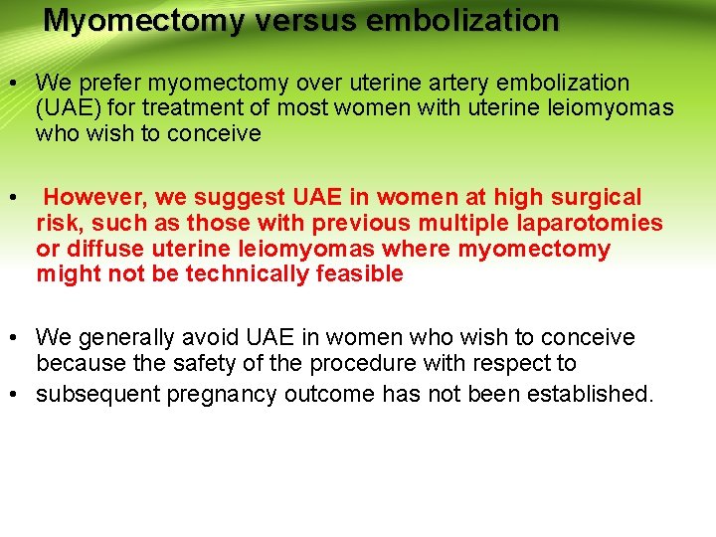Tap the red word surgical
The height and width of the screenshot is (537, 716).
(x=591, y=198)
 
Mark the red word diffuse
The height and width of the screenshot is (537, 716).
(x=97, y=249)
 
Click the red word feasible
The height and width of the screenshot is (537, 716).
(x=358, y=273)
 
